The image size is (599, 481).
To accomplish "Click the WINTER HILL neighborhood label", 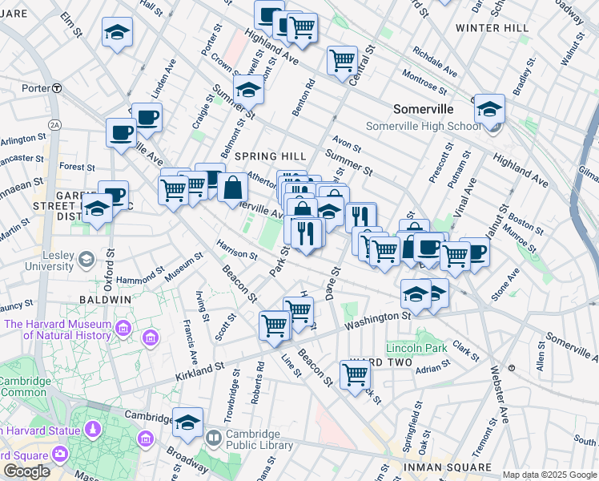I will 492,27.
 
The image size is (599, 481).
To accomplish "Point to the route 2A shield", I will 54,125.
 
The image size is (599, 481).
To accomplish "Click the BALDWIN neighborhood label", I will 105,299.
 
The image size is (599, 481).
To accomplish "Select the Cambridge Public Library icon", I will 213,439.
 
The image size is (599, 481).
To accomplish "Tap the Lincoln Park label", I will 416,349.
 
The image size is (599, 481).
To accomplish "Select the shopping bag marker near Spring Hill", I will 232,188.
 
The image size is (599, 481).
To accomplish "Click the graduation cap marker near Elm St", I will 118,34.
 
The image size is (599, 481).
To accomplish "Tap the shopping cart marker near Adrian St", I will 355,374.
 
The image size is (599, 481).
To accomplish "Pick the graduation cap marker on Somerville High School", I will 488,111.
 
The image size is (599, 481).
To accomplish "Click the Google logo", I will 26,471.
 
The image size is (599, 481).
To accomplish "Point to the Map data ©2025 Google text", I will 549,475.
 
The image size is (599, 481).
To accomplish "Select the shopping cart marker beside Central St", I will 342,60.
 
